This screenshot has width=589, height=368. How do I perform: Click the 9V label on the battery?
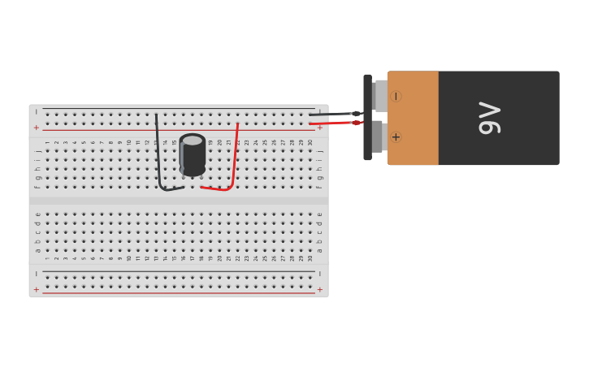coord(490,118)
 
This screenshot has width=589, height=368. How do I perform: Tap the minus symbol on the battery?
coord(396,97)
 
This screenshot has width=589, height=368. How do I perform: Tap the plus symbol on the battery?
coord(396,136)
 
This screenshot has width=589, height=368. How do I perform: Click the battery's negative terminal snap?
coord(380,96)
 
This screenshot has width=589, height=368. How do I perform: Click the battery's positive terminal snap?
coord(378,136)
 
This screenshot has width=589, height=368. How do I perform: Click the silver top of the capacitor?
coord(193,141)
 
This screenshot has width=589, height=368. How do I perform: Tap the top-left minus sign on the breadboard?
coord(36,111)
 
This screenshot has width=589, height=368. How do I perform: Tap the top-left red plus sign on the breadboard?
coord(36,128)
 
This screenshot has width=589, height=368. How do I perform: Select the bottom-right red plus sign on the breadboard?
coord(319,289)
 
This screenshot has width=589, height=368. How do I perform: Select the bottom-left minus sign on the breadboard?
coord(36,274)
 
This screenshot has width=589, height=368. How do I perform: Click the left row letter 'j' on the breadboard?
coord(37,151)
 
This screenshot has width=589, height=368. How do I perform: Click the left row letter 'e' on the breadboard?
coord(37,214)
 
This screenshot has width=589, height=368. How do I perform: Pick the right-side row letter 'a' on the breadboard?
coord(319,250)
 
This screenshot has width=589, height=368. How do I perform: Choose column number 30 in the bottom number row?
coord(310,258)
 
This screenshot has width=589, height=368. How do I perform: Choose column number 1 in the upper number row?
coord(47,142)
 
